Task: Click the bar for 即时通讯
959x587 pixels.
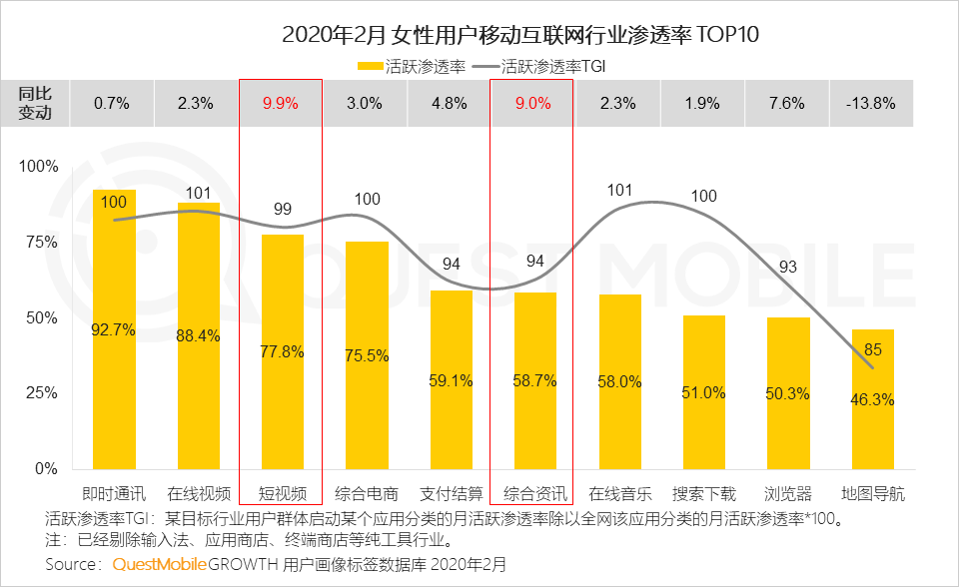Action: tap(114, 329)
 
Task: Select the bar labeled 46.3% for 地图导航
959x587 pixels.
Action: tap(873, 399)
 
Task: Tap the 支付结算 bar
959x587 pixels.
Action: tap(452, 379)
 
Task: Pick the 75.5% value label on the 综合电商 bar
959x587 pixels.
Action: tap(368, 355)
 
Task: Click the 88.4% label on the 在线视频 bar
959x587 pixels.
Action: tap(199, 335)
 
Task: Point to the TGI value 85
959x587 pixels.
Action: tap(871, 350)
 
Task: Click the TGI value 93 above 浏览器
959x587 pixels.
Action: tap(787, 267)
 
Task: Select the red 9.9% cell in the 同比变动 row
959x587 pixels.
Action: tap(281, 103)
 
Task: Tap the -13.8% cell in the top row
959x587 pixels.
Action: tap(871, 103)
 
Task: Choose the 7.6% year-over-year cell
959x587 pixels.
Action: tap(788, 103)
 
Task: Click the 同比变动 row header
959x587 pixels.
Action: tap(42, 103)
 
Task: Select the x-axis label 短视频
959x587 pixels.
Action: tap(283, 493)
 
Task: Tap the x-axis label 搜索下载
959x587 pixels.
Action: tap(704, 493)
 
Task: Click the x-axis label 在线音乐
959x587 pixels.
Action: tap(620, 493)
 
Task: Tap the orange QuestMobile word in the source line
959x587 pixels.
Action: tap(160, 564)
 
